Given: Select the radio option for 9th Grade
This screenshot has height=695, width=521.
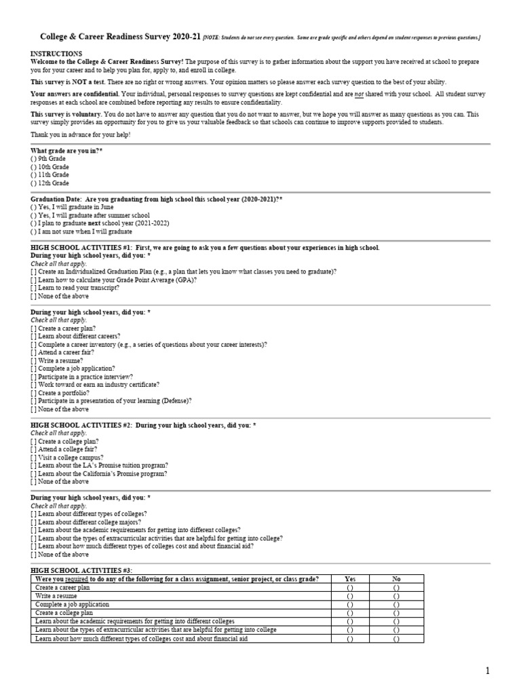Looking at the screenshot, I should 34,158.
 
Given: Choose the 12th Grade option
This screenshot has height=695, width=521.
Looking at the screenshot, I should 34,183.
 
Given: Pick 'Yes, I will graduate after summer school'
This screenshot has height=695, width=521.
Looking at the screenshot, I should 34,214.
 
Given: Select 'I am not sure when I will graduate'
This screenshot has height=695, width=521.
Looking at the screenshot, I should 34,231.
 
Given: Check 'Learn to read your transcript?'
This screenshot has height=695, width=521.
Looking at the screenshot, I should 34,288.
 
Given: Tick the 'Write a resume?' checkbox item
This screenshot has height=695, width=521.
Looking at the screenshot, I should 34,360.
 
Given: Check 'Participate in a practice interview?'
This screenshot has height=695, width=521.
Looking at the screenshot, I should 34,377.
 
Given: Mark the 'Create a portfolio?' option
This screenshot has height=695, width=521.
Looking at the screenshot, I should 34,393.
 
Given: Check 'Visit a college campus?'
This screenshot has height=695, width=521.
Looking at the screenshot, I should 34,457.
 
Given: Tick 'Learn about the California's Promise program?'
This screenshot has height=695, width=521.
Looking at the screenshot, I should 34,474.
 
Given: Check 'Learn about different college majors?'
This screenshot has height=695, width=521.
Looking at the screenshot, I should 34,522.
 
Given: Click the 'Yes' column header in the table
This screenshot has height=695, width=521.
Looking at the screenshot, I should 350,579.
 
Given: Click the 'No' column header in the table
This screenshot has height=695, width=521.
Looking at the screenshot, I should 396,579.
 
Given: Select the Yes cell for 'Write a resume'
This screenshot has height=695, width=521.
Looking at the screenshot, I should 350,596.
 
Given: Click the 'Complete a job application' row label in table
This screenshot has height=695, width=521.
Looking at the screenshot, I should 72,604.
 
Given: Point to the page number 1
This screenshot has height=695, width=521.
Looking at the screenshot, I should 486,671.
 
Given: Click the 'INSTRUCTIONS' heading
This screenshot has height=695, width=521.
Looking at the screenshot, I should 56,54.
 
